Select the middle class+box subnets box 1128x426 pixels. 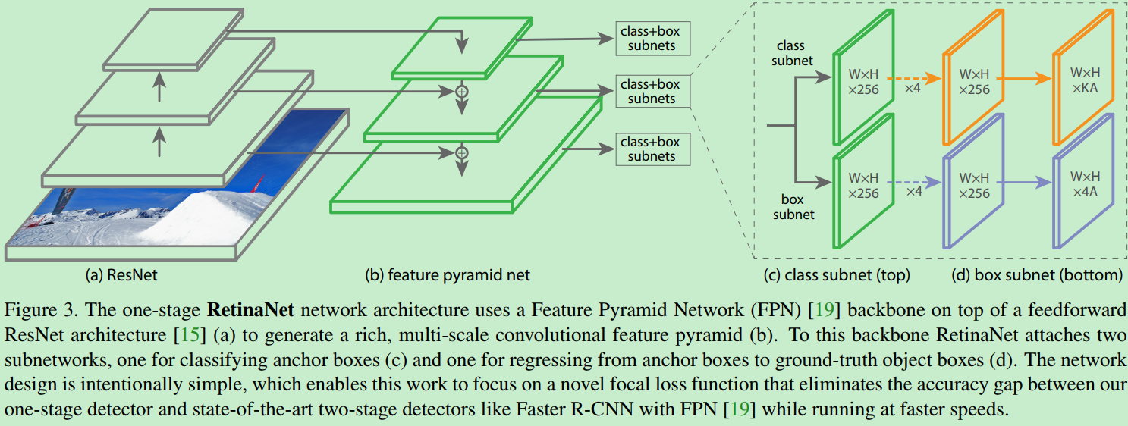652,91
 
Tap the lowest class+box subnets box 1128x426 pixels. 652,149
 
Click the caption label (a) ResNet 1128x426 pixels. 121,274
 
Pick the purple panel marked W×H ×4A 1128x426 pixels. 1084,185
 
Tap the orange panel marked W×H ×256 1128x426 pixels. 974,83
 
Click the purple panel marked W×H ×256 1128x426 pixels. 974,185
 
